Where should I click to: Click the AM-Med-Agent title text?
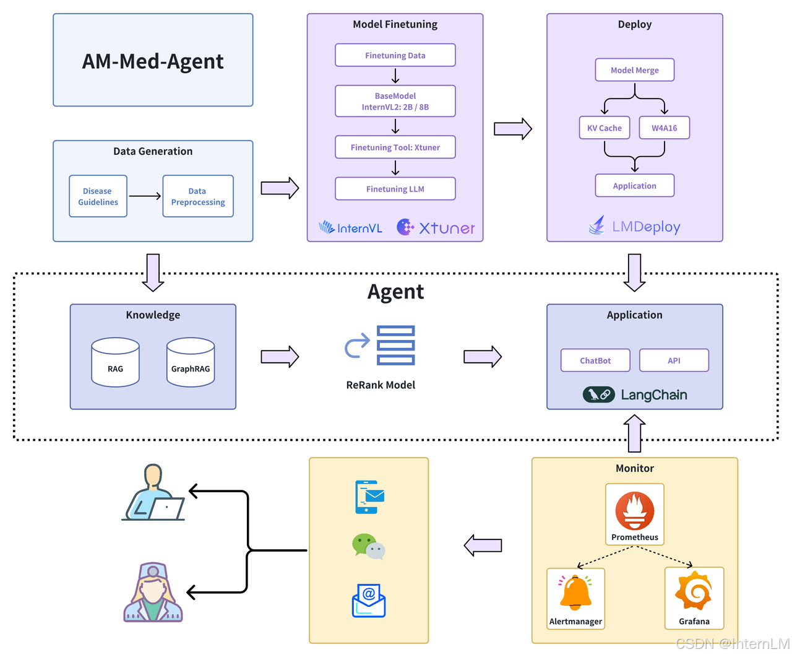coord(153,61)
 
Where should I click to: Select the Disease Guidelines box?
coord(98,196)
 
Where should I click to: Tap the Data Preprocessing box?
coord(198,196)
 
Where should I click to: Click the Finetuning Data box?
coord(395,55)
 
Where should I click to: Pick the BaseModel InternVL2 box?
coord(395,101)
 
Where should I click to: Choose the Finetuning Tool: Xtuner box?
coord(395,147)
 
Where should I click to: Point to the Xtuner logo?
coord(436,228)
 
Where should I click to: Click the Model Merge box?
coord(634,70)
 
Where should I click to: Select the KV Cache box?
coord(605,128)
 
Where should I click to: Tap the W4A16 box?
coord(664,128)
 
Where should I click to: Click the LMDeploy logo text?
coord(645,227)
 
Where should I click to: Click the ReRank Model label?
coord(381,385)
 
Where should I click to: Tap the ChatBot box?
coord(595,360)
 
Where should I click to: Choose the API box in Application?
coord(674,360)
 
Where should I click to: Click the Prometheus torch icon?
coord(635,511)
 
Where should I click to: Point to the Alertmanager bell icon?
coord(575,593)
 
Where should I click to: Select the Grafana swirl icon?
coord(694,591)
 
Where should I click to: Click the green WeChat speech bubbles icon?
coord(368,547)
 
